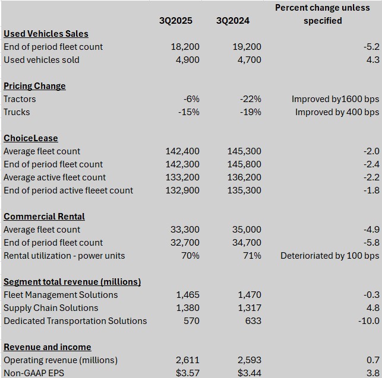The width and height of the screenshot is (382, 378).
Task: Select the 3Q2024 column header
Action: coord(233,21)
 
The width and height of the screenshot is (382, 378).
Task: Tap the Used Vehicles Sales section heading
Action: coord(46,34)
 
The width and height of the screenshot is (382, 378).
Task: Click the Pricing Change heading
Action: coord(34,86)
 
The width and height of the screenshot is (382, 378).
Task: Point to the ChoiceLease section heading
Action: coord(31,138)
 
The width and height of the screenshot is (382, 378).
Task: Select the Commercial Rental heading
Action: coord(44,217)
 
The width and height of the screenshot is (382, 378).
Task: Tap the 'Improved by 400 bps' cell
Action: coord(337,112)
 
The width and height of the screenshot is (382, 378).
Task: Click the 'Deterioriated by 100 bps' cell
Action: coord(330,256)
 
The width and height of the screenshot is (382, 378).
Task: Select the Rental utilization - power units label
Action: coord(64,256)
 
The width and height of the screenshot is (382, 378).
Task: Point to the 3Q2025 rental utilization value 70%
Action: coord(190,256)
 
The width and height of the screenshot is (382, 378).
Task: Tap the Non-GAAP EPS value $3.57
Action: coord(187,373)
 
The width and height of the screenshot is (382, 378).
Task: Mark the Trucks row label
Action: coord(17,112)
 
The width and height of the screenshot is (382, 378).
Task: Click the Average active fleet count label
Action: coord(55,177)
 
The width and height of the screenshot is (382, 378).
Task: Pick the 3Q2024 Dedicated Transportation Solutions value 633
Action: coord(252,321)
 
